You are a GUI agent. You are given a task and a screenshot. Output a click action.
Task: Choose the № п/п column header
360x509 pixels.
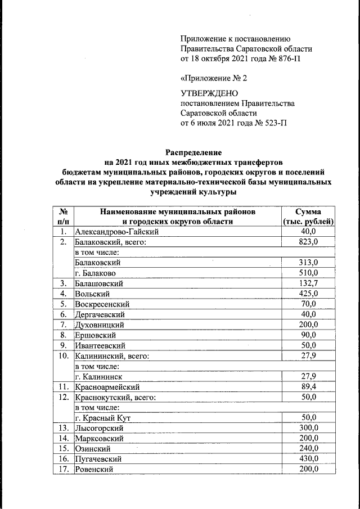[x=63, y=217]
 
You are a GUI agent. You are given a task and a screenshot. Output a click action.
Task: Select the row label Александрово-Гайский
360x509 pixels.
[x=118, y=232]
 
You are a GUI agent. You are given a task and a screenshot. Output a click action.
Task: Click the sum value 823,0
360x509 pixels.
[x=308, y=242]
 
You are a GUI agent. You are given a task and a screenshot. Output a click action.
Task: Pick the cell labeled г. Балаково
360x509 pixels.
[x=97, y=273]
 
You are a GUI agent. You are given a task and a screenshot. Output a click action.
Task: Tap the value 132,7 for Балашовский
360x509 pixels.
[x=308, y=283]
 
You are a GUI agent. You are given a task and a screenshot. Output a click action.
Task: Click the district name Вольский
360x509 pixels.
[x=90, y=294]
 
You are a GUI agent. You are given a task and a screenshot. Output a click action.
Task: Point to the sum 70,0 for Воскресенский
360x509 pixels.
[x=308, y=304]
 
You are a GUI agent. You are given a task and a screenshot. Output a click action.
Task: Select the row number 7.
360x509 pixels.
[x=63, y=325]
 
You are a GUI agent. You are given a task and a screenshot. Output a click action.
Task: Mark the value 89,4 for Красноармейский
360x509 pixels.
[x=308, y=387]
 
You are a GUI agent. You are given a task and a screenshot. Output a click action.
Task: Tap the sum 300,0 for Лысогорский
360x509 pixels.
[x=308, y=428]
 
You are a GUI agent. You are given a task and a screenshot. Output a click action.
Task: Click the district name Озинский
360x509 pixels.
[x=92, y=448]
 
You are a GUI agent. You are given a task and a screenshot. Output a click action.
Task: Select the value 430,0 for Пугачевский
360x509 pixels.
[x=308, y=459]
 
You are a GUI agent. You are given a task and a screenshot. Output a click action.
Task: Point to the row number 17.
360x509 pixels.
[x=63, y=469]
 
